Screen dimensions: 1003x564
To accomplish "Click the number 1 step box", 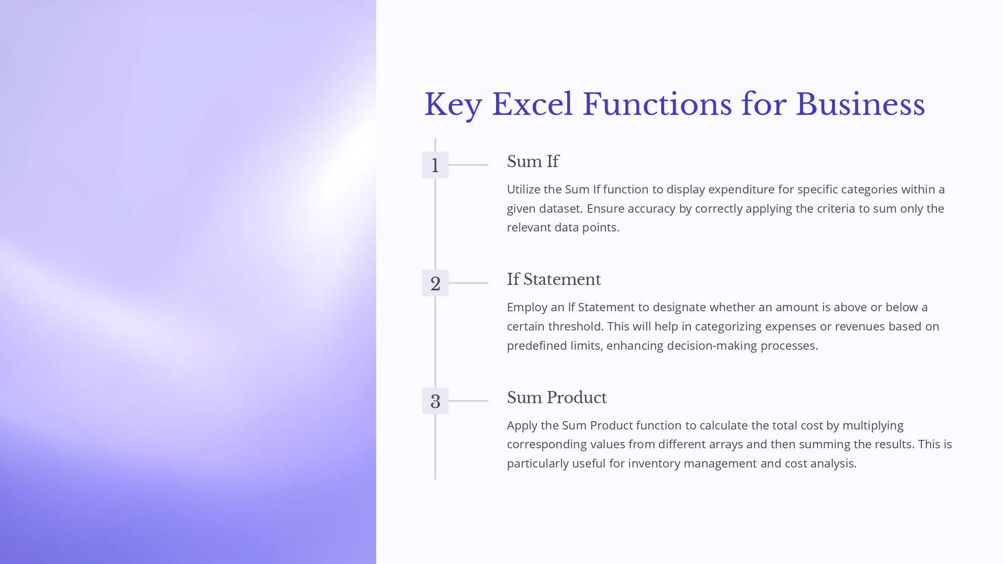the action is pyautogui.click(x=435, y=165).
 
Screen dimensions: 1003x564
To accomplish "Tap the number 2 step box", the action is pyautogui.click(x=435, y=283).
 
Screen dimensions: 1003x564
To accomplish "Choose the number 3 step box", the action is pyautogui.click(x=435, y=401).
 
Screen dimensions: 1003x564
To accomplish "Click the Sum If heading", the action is pyautogui.click(x=533, y=161).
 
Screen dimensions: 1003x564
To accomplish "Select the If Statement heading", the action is pyautogui.click(x=554, y=279).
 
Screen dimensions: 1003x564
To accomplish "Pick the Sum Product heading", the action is pyautogui.click(x=557, y=397).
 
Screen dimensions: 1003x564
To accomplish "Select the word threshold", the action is pyautogui.click(x=576, y=326).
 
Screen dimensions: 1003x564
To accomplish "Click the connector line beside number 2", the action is pyautogui.click(x=468, y=283).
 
